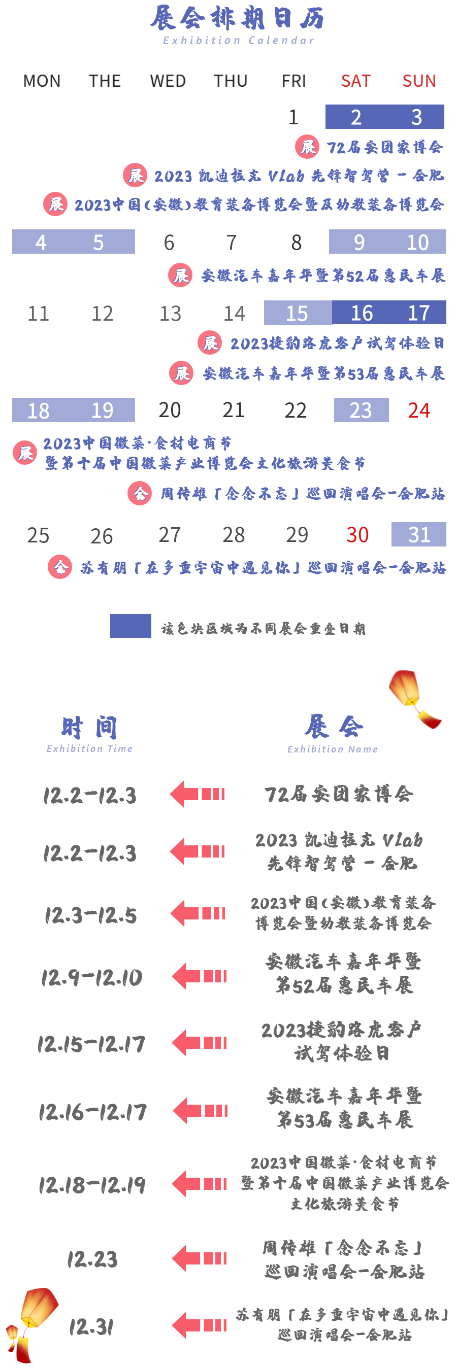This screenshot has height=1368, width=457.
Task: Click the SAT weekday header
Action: (355, 81)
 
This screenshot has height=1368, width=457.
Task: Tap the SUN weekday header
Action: (419, 81)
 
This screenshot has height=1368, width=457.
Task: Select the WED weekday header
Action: (168, 81)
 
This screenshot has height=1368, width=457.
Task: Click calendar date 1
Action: (293, 117)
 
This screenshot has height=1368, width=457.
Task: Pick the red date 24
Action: (419, 410)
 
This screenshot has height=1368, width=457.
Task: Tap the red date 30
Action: (357, 535)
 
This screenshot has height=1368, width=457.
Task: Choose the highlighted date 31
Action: (419, 534)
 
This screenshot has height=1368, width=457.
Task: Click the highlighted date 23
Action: (361, 410)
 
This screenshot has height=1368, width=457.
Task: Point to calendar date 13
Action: (171, 313)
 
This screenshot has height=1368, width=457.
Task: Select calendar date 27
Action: (170, 535)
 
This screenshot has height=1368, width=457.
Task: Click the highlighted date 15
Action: (297, 313)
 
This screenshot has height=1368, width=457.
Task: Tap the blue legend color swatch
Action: (130, 626)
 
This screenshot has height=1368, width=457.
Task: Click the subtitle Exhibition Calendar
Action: (239, 41)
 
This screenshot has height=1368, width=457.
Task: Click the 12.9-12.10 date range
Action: (92, 977)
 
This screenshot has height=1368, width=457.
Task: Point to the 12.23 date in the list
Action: (92, 1259)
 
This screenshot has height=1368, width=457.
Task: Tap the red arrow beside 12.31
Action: (199, 1325)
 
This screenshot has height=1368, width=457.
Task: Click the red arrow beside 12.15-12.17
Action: (199, 1043)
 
